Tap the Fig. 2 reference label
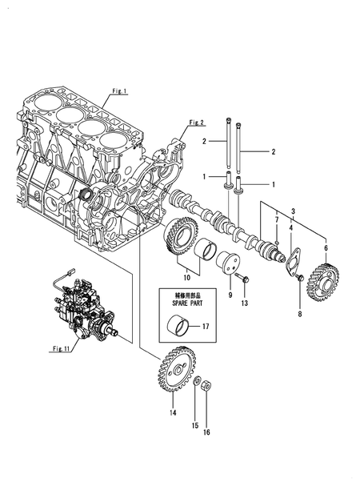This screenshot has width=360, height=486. (x=197, y=123)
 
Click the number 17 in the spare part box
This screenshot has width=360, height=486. (x=205, y=326)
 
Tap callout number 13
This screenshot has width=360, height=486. (x=245, y=303)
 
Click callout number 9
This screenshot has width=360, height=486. (x=228, y=295)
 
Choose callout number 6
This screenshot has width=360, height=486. (x=326, y=249)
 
